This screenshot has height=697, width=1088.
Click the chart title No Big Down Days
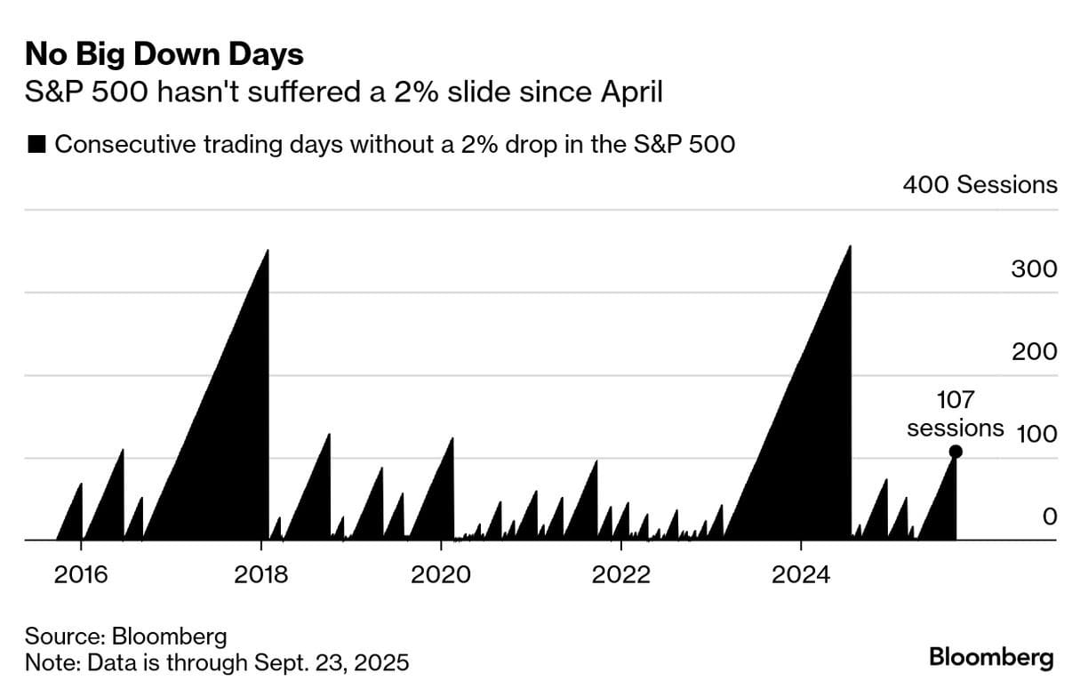(x=164, y=55)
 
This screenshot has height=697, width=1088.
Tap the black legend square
(x=37, y=145)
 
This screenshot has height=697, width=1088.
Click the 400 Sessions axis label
(x=980, y=185)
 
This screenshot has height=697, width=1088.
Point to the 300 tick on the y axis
(x=1034, y=269)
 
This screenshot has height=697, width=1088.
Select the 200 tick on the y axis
(x=1034, y=352)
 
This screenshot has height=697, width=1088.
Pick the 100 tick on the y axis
(x=1034, y=435)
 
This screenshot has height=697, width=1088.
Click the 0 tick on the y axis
(x=1050, y=517)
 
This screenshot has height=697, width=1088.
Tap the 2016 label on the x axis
(x=81, y=574)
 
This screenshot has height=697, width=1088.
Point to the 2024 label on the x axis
(x=800, y=574)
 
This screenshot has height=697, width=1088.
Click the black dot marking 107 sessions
(x=956, y=452)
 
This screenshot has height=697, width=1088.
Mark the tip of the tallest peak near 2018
(x=268, y=251)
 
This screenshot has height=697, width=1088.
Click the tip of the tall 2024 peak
(x=850, y=246)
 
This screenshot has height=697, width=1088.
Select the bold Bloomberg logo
(x=991, y=658)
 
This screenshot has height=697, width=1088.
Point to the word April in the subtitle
(x=632, y=91)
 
